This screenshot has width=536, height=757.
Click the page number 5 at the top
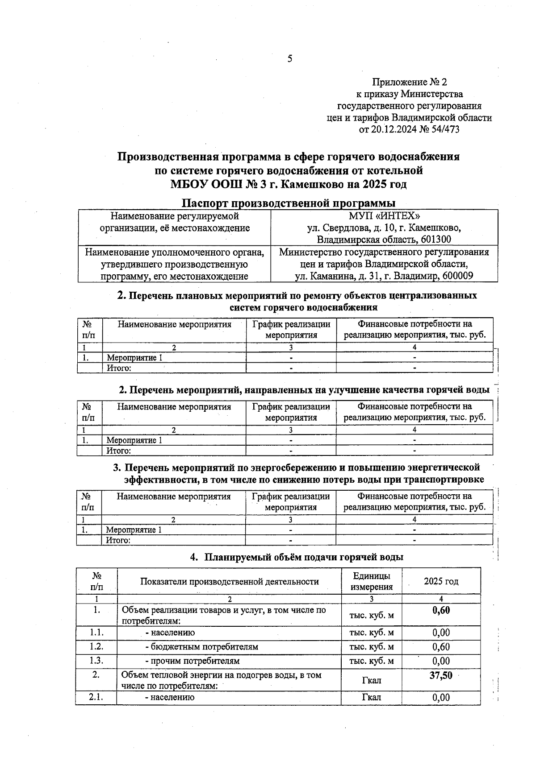(290, 58)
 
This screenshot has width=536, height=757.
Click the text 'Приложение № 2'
(409, 82)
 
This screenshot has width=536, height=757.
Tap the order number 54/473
(444, 130)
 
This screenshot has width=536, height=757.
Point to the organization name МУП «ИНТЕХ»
(384, 216)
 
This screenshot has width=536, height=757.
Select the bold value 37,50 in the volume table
(441, 675)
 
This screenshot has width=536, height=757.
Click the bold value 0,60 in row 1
(441, 610)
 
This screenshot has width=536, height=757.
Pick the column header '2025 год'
(441, 581)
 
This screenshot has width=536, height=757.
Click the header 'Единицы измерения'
(371, 581)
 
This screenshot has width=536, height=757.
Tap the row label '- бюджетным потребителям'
(201, 647)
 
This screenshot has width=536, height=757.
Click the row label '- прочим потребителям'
(193, 661)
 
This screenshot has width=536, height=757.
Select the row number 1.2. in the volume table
(96, 647)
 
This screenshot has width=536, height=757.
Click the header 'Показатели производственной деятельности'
(229, 581)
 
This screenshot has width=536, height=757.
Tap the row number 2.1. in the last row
(96, 697)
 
